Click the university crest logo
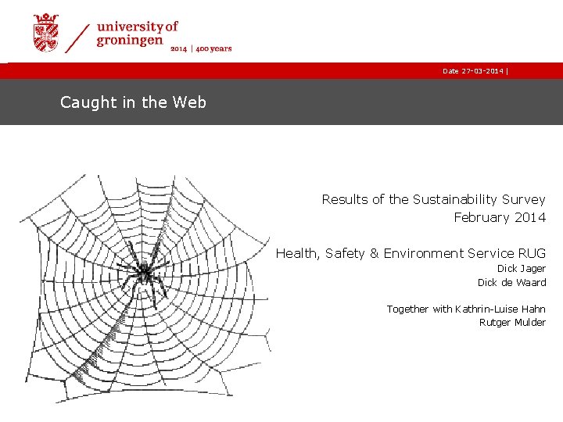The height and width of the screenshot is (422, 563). coord(45,33)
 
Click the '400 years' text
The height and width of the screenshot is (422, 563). coord(214,48)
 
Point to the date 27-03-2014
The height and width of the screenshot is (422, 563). coord(481,71)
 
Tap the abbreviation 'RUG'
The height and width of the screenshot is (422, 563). coord(532,253)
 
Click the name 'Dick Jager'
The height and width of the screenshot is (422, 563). coord(522,269)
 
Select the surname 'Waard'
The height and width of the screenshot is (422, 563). coord(531,282)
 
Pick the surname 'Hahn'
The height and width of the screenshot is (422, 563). coord(531,309)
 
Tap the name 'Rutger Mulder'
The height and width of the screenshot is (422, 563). coord(512,323)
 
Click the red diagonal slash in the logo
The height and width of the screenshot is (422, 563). coord(77,37)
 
